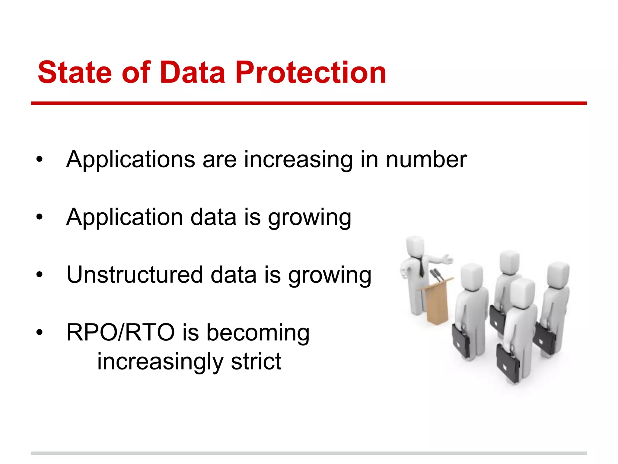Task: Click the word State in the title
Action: coord(75,72)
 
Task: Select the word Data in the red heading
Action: coord(192,72)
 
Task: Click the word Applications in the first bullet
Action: coord(130,159)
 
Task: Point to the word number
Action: coord(426,159)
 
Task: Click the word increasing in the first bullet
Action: coord(298,159)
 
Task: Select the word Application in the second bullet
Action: coord(124,217)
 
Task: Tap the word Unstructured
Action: coord(135,275)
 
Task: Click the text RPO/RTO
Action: coord(120,333)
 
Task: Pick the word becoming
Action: coord(258,333)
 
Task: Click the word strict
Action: coord(256,362)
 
